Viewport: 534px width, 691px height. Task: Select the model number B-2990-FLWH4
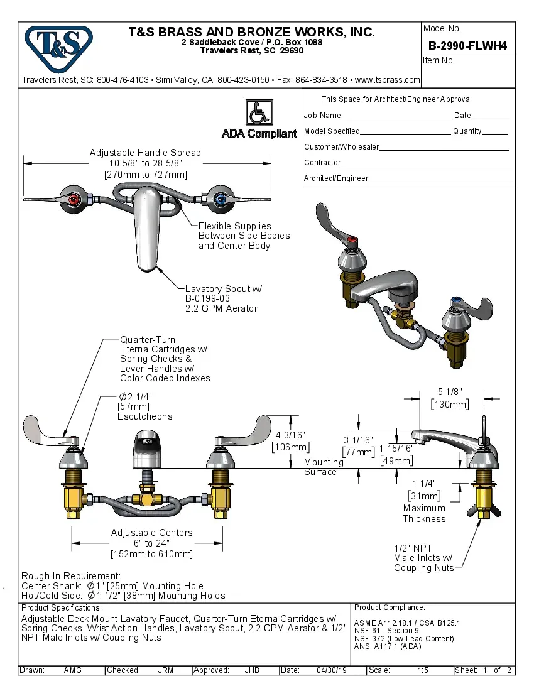tap(467, 45)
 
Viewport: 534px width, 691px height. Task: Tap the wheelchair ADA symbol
tap(258, 113)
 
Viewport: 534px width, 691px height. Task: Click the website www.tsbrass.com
tap(387, 80)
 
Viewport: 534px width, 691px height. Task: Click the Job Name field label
tap(322, 116)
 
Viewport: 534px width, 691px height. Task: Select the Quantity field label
tap(467, 131)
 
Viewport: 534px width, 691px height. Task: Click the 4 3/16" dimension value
tap(290, 435)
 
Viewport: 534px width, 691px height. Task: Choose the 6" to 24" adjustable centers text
tap(151, 543)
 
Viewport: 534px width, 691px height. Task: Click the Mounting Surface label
tap(323, 467)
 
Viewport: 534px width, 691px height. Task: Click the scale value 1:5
tap(423, 670)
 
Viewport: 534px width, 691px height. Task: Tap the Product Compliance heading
tap(390, 607)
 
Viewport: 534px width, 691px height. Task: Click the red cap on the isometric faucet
tap(354, 240)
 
